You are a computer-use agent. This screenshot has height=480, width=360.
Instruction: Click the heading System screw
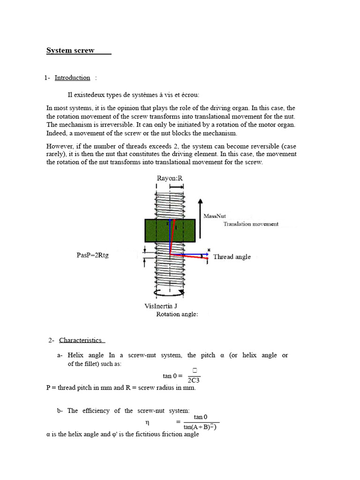70,51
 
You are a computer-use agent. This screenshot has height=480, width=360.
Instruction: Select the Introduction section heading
72,78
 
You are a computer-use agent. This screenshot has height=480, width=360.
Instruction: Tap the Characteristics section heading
81,340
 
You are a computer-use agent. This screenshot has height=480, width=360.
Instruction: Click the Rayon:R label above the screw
169,178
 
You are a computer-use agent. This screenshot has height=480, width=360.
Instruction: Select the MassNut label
215,216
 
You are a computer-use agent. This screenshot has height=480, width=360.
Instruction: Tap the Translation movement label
251,224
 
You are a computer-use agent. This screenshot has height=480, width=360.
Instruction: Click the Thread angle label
232,257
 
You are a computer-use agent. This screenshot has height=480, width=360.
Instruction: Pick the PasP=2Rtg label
92,255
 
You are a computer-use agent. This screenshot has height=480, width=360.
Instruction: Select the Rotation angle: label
177,314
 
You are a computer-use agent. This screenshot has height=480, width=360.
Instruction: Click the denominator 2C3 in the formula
194,380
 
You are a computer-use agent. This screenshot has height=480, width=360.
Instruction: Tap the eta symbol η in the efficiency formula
148,422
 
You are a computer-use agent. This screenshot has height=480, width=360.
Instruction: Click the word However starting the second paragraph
60,146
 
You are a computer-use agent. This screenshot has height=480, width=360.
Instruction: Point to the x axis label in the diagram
209,249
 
